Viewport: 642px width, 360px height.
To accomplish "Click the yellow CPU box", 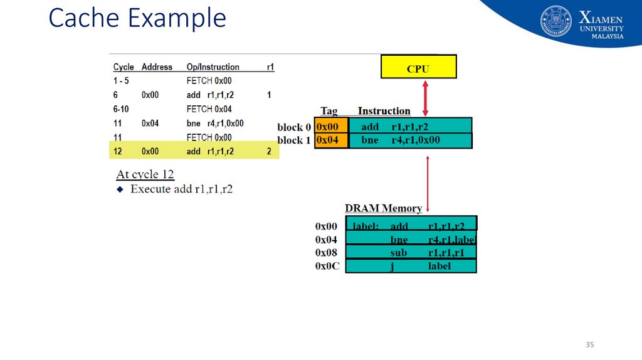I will (418, 66).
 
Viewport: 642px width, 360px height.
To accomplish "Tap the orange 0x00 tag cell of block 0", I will (331, 126).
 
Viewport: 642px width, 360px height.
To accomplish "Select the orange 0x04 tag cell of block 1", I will (331, 140).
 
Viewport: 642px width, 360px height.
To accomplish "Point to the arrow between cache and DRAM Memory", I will (428, 183).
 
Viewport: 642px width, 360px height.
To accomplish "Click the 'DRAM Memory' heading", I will (383, 208).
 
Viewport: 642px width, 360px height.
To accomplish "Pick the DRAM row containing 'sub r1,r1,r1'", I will (411, 252).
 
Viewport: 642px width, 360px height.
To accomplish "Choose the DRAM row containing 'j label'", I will (411, 266).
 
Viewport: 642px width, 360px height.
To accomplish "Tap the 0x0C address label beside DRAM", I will (327, 266).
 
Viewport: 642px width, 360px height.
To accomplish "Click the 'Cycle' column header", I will (124, 67).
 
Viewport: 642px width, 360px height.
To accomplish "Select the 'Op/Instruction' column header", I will (213, 67).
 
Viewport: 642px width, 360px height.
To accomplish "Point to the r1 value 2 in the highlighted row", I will (269, 151).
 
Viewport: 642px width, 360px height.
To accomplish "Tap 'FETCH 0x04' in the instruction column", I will (209, 109).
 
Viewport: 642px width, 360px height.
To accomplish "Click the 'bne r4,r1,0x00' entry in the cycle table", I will (215, 124).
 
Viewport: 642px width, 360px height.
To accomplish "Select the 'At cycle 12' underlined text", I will (145, 174).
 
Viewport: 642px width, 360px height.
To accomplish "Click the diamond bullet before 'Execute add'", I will (121, 189).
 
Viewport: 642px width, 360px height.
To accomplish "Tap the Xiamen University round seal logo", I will (556, 21).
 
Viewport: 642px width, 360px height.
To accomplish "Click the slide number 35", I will (589, 345).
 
